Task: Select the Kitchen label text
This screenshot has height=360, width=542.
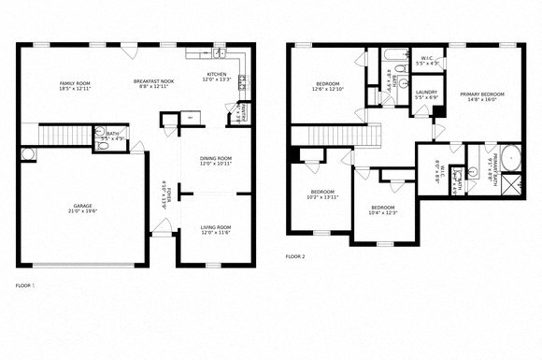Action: pyautogui.click(x=216, y=78)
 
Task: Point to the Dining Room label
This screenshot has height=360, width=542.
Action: pyautogui.click(x=216, y=161)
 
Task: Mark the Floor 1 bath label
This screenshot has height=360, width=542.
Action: pyautogui.click(x=111, y=137)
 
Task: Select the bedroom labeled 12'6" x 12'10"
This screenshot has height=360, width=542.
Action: pyautogui.click(x=328, y=86)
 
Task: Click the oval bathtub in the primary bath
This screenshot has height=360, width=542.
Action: pyautogui.click(x=511, y=156)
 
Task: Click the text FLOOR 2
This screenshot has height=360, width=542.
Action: pyautogui.click(x=295, y=256)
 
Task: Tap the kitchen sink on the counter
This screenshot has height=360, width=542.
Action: pyautogui.click(x=240, y=83)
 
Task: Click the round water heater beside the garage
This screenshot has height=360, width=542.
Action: pyautogui.click(x=25, y=154)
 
